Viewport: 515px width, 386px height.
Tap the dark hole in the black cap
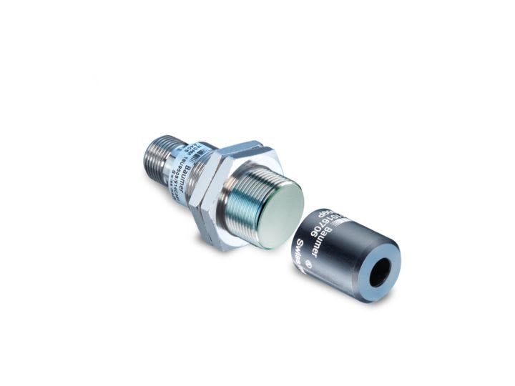(x=380, y=272)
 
